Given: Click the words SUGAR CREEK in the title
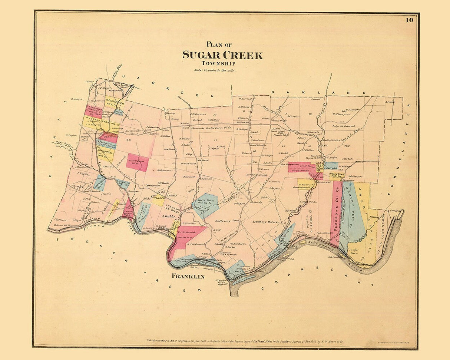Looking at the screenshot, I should [222, 55].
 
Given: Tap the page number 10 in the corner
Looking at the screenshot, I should [409, 20].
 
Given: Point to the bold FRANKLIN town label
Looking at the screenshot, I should [188, 277].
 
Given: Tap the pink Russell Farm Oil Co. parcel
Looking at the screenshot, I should [137, 162].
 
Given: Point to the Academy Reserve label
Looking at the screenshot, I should [264, 222].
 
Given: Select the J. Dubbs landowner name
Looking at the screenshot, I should [168, 216].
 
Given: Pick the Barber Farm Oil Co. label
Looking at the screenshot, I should [219, 127].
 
